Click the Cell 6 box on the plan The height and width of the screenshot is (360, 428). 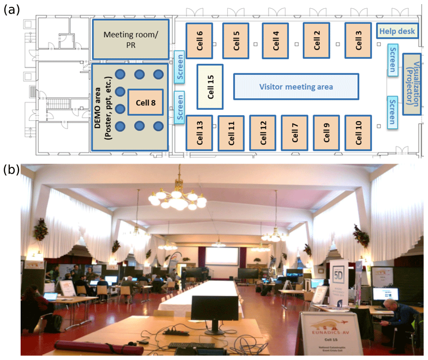(x=199, y=40)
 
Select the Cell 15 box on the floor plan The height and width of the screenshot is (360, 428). (x=210, y=87)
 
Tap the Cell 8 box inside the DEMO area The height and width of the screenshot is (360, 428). (x=145, y=102)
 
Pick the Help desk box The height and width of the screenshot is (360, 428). (x=397, y=31)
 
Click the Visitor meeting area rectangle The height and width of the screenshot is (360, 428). (x=296, y=87)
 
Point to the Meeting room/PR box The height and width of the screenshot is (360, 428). (x=130, y=39)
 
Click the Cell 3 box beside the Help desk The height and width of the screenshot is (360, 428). (x=358, y=40)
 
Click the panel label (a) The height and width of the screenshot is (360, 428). (x=11, y=11)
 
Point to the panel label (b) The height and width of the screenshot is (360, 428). (x=11, y=170)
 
